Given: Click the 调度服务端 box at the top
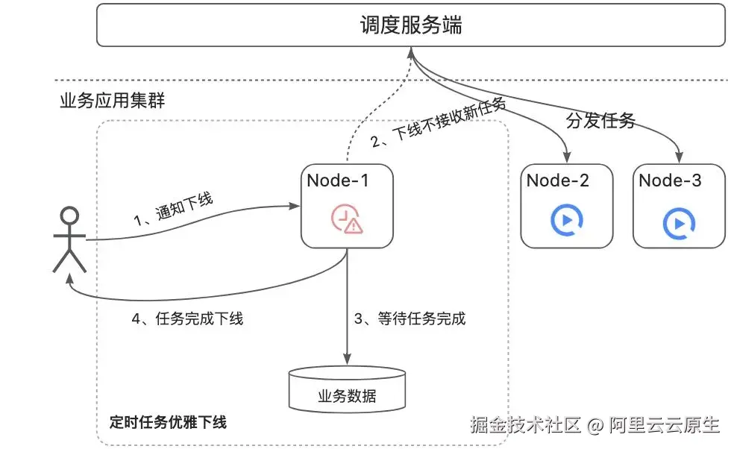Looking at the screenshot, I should [411, 25].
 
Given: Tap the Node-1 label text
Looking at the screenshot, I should [337, 180].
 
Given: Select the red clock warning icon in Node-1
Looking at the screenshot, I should [346, 219].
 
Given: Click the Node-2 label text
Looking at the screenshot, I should [557, 180].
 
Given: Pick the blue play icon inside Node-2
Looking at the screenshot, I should [566, 220].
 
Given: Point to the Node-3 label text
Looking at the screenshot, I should [670, 180].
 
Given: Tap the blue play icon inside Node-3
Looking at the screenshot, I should [678, 222].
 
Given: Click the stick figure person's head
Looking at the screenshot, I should [69, 217].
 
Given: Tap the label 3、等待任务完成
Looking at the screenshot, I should [409, 318].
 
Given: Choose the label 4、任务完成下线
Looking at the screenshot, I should [187, 318].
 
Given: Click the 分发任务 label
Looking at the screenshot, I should [600, 120].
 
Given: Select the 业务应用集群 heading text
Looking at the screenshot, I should [112, 101].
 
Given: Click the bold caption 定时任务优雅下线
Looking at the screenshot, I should [168, 421].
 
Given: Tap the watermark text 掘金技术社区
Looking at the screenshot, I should [525, 425].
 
